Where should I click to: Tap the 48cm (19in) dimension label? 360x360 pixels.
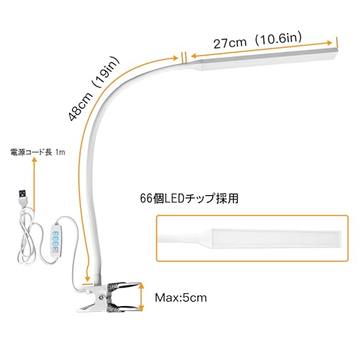[94, 89]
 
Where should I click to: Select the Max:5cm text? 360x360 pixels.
[181, 298]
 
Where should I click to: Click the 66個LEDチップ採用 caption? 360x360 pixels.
[189, 199]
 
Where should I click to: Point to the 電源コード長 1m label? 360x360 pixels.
[37, 152]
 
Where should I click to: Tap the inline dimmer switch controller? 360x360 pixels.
[55, 243]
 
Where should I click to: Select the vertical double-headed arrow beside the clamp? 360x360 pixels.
[141, 297]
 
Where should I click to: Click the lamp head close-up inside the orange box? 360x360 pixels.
[250, 238]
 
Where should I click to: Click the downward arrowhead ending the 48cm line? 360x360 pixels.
[88, 278]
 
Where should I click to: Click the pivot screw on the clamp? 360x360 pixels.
[101, 297]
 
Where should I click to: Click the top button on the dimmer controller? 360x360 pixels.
[55, 234]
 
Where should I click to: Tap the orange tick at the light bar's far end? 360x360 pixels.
[337, 42]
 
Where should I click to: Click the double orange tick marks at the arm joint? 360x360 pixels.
[184, 58]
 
